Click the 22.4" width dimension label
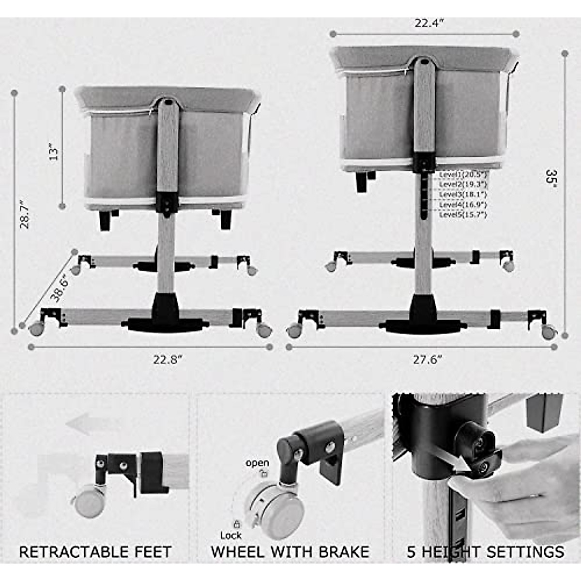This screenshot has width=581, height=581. pos(426,23)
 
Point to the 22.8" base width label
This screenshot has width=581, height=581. pos(168,359)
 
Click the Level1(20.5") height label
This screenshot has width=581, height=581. pos(463,174)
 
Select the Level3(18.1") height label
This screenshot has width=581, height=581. pos(463,194)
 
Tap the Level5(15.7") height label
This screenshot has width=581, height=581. pos(463,214)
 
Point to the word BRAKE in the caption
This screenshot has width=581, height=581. pos(344,551)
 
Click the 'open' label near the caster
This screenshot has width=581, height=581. pos(257,463)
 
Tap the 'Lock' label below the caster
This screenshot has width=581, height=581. pos(231,535)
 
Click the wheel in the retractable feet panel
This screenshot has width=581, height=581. pos(89,501)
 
